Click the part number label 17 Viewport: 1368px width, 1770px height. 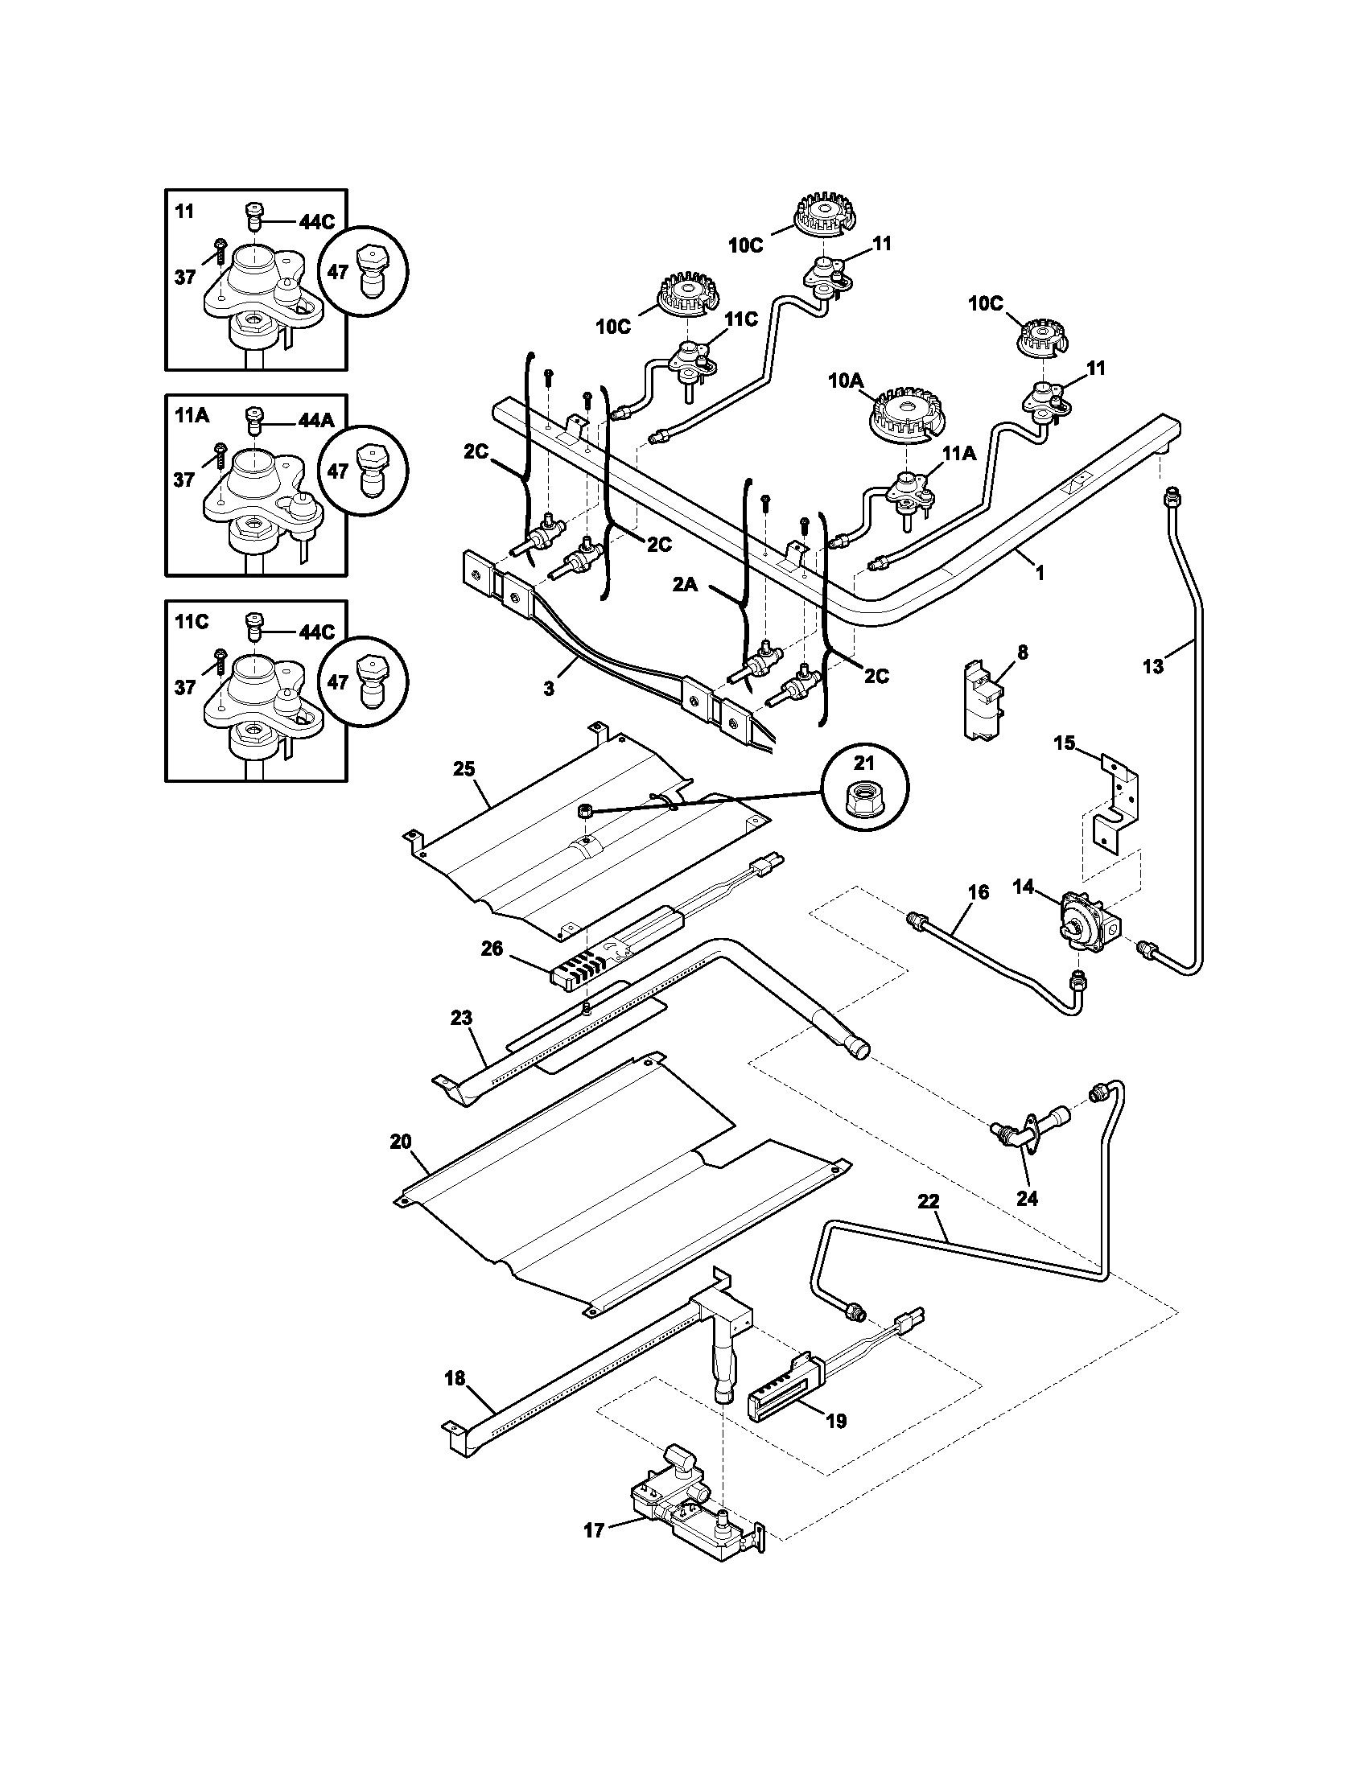(594, 1530)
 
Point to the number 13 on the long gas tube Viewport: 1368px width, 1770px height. (1152, 666)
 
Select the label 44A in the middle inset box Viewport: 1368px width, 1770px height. (316, 421)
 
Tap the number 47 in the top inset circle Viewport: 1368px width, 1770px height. (338, 271)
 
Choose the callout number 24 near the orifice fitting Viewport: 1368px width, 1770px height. (1027, 1199)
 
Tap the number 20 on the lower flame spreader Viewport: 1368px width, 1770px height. (401, 1141)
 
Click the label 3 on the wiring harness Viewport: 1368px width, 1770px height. (549, 688)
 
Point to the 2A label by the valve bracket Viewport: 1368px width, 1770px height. (686, 584)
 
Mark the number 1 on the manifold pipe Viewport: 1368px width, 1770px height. (1040, 572)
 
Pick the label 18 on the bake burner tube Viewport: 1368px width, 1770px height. (455, 1377)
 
